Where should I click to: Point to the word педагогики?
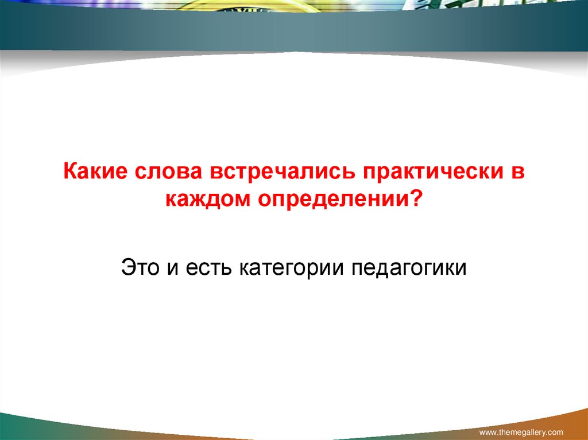[410, 267]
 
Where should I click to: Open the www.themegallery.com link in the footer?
[521, 431]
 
